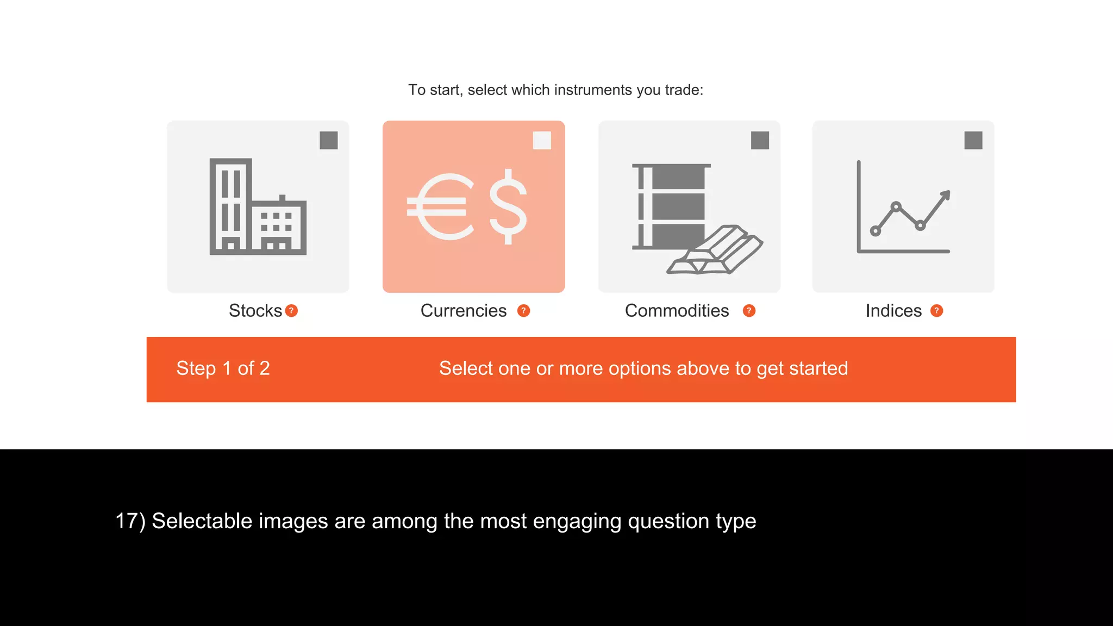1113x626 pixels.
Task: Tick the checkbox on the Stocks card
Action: click(x=328, y=140)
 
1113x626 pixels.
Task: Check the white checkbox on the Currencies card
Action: click(x=542, y=140)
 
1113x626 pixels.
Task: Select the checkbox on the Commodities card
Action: click(x=760, y=140)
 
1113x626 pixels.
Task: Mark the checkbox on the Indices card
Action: click(x=973, y=140)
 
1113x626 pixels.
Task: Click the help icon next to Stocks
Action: click(x=291, y=311)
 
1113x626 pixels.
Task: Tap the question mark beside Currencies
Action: click(x=523, y=311)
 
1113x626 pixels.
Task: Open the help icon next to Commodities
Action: click(x=749, y=311)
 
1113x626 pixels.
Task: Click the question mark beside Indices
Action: click(x=936, y=311)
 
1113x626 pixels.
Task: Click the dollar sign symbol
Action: click(x=508, y=206)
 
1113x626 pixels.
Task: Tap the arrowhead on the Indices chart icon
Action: click(x=945, y=195)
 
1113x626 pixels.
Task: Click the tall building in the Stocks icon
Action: click(x=230, y=205)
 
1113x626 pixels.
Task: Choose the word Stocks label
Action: click(x=255, y=311)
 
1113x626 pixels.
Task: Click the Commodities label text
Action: click(x=677, y=311)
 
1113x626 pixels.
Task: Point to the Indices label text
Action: click(x=893, y=311)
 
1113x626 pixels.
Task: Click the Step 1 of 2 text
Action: click(x=223, y=368)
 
